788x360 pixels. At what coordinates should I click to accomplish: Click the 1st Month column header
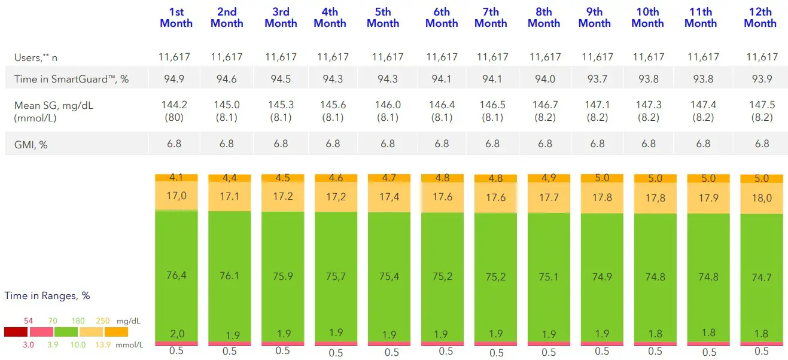coord(176,17)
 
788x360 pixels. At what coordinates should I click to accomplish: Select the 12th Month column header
coord(760,17)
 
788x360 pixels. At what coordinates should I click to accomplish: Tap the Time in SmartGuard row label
coord(71,79)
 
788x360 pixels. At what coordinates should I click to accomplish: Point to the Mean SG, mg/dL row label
coord(54,106)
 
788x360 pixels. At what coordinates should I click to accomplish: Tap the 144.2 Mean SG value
coord(174,105)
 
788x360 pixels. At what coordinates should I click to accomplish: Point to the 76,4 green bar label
coord(176,275)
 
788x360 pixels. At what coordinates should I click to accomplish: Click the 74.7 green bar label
coord(761,277)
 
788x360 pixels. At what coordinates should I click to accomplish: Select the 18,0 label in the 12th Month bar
coord(761,198)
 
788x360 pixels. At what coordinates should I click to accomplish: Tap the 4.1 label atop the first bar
coord(176,178)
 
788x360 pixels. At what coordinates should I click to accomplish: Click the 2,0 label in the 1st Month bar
coord(176,334)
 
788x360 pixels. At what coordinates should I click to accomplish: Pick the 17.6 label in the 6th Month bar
coord(442,197)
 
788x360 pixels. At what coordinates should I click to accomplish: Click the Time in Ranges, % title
coord(47,295)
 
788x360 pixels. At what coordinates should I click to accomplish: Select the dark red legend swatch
coord(16,332)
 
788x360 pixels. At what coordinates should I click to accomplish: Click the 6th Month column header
coord(442,17)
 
